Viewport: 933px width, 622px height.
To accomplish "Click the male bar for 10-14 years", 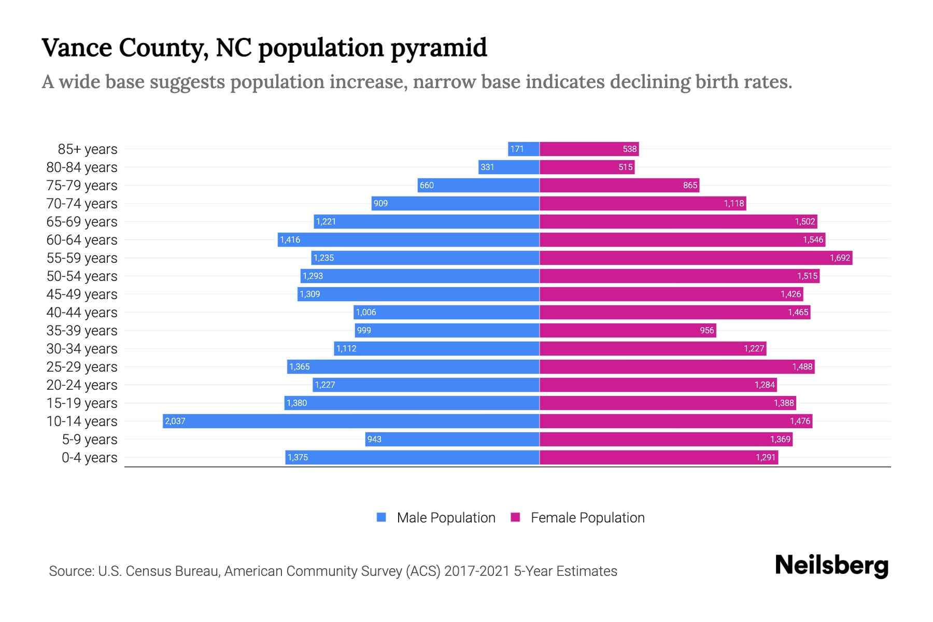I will (351, 421).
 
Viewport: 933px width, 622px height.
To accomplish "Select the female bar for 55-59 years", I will (696, 258).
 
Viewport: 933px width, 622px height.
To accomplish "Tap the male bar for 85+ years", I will (524, 149).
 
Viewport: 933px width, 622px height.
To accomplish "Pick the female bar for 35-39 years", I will (627, 330).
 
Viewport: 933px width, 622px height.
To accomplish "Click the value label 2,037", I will (175, 421).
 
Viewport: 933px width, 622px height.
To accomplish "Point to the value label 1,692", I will (840, 258).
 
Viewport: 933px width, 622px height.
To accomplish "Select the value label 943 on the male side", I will (374, 439).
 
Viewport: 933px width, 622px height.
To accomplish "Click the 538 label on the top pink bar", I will (629, 149).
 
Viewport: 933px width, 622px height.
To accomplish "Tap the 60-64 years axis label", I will (82, 240).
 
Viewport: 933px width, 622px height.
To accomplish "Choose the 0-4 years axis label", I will (89, 458).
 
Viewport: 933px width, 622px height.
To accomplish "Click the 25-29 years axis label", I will (82, 367).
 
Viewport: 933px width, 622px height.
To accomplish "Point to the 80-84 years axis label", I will (82, 167).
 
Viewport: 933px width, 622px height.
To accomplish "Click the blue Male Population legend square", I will (381, 517).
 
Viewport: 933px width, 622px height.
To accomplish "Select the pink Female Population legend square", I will (515, 517).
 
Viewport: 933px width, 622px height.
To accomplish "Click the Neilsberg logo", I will (831, 566).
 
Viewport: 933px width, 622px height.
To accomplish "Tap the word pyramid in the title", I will (439, 48).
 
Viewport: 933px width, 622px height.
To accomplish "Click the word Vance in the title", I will (77, 48).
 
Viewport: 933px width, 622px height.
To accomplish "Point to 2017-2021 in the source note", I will (477, 571).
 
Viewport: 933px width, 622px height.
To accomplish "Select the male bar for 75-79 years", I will (478, 185).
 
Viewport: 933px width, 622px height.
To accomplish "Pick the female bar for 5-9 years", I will (666, 439).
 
